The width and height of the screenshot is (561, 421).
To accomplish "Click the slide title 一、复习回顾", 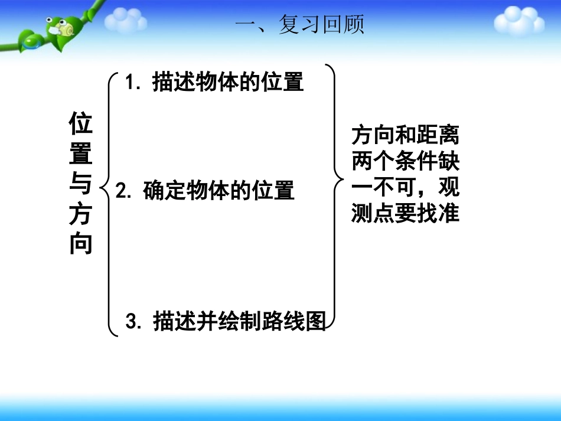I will pos(299,25).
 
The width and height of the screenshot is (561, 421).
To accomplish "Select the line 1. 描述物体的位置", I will pos(215,82).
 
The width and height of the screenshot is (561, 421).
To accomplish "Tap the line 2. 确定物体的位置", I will pos(205,191).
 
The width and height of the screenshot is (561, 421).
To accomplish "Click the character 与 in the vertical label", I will pos(81,184).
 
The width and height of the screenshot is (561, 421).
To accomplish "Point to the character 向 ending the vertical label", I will pos(81,243).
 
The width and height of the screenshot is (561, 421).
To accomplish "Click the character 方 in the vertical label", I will pos(81,213).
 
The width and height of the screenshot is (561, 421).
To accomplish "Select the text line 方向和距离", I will pos(405,136).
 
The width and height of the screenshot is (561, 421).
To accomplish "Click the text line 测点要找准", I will pos(405,213).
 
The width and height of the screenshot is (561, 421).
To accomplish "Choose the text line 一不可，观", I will pos(405,188).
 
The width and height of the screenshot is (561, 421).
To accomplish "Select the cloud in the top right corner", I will pos(518,22).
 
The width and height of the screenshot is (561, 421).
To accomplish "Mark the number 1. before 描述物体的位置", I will pos(133,83).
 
